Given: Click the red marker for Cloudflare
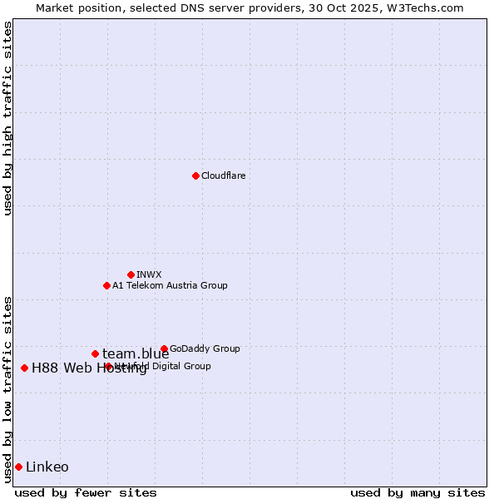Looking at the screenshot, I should [195, 175].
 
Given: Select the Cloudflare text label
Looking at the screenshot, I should [224, 175].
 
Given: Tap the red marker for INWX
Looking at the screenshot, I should [131, 274].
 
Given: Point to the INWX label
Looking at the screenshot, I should [149, 274].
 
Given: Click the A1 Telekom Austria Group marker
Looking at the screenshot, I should [106, 285].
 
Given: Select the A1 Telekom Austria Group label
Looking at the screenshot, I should [170, 285].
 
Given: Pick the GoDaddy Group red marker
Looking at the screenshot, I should [164, 348].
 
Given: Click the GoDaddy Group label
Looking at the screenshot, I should [205, 348].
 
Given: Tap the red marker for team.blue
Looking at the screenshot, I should [95, 353].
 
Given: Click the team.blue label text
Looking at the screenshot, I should [136, 353].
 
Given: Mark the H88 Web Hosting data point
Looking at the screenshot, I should [24, 368].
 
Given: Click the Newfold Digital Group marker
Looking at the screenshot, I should [108, 366].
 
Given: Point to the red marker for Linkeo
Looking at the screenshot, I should [18, 467].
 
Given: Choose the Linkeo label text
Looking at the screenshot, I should [47, 467].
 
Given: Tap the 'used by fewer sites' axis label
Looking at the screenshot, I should [86, 492].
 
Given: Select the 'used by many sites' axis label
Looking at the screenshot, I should [417, 492].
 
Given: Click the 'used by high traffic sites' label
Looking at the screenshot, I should [7, 118].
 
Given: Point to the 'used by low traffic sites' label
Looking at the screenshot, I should [7, 388].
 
